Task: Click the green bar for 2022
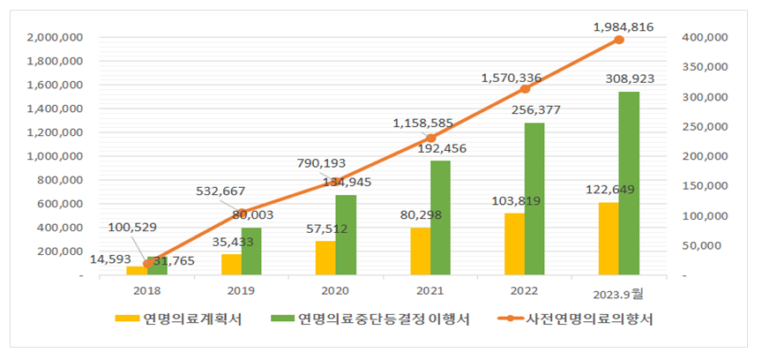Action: point(534,199)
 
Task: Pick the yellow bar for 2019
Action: point(231,265)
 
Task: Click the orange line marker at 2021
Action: point(430,138)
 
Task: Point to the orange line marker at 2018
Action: point(146,263)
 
